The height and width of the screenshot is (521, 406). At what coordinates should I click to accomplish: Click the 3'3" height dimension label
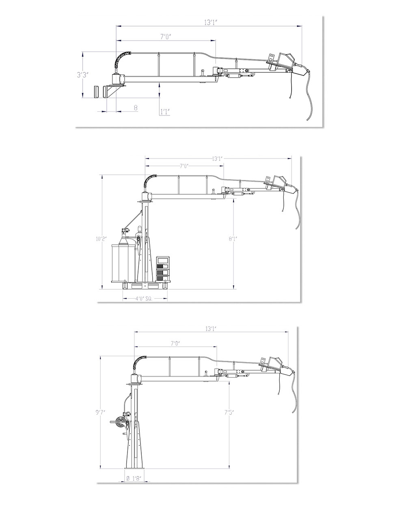(x=82, y=75)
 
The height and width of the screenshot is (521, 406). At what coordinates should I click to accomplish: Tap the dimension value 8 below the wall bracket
(x=136, y=108)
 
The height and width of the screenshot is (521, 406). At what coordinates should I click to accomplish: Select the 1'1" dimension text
(x=164, y=111)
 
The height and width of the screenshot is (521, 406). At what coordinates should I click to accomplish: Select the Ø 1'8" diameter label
(x=134, y=478)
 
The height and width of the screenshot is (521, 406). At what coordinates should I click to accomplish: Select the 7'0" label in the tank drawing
(x=184, y=166)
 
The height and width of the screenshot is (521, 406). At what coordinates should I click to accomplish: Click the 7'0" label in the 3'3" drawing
(x=165, y=37)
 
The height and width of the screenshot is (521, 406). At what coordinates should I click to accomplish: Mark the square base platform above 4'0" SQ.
(x=145, y=286)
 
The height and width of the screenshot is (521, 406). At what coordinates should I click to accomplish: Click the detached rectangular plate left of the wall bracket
(x=96, y=91)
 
